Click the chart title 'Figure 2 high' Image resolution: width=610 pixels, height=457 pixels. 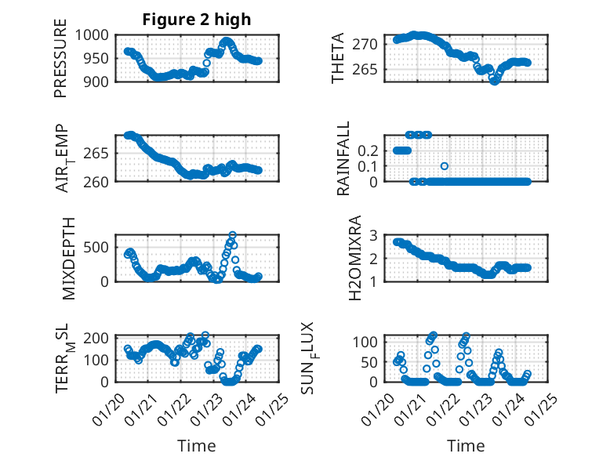pyautogui.click(x=197, y=20)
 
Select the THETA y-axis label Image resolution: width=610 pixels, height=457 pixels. pyautogui.click(x=338, y=58)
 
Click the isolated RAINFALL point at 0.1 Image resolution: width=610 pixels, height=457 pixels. pyautogui.click(x=445, y=165)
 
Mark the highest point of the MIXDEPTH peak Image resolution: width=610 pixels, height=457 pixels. pyautogui.click(x=232, y=235)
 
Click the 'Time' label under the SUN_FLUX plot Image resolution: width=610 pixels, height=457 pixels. pyautogui.click(x=466, y=446)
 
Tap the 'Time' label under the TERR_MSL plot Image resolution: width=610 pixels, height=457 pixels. pyautogui.click(x=197, y=446)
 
